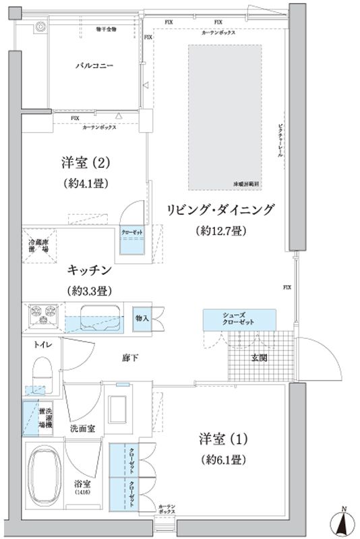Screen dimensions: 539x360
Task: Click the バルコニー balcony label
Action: [94, 67]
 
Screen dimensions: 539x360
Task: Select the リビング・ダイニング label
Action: [220, 210]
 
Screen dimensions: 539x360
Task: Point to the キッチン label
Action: [89, 271]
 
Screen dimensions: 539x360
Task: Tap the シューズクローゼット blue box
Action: [239, 319]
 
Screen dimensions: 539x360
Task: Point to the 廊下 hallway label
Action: [130, 358]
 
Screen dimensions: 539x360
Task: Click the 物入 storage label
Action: [142, 317]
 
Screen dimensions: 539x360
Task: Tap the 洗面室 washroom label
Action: [82, 428]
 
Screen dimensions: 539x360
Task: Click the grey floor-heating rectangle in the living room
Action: [224, 119]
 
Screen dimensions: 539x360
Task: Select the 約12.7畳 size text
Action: [220, 232]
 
